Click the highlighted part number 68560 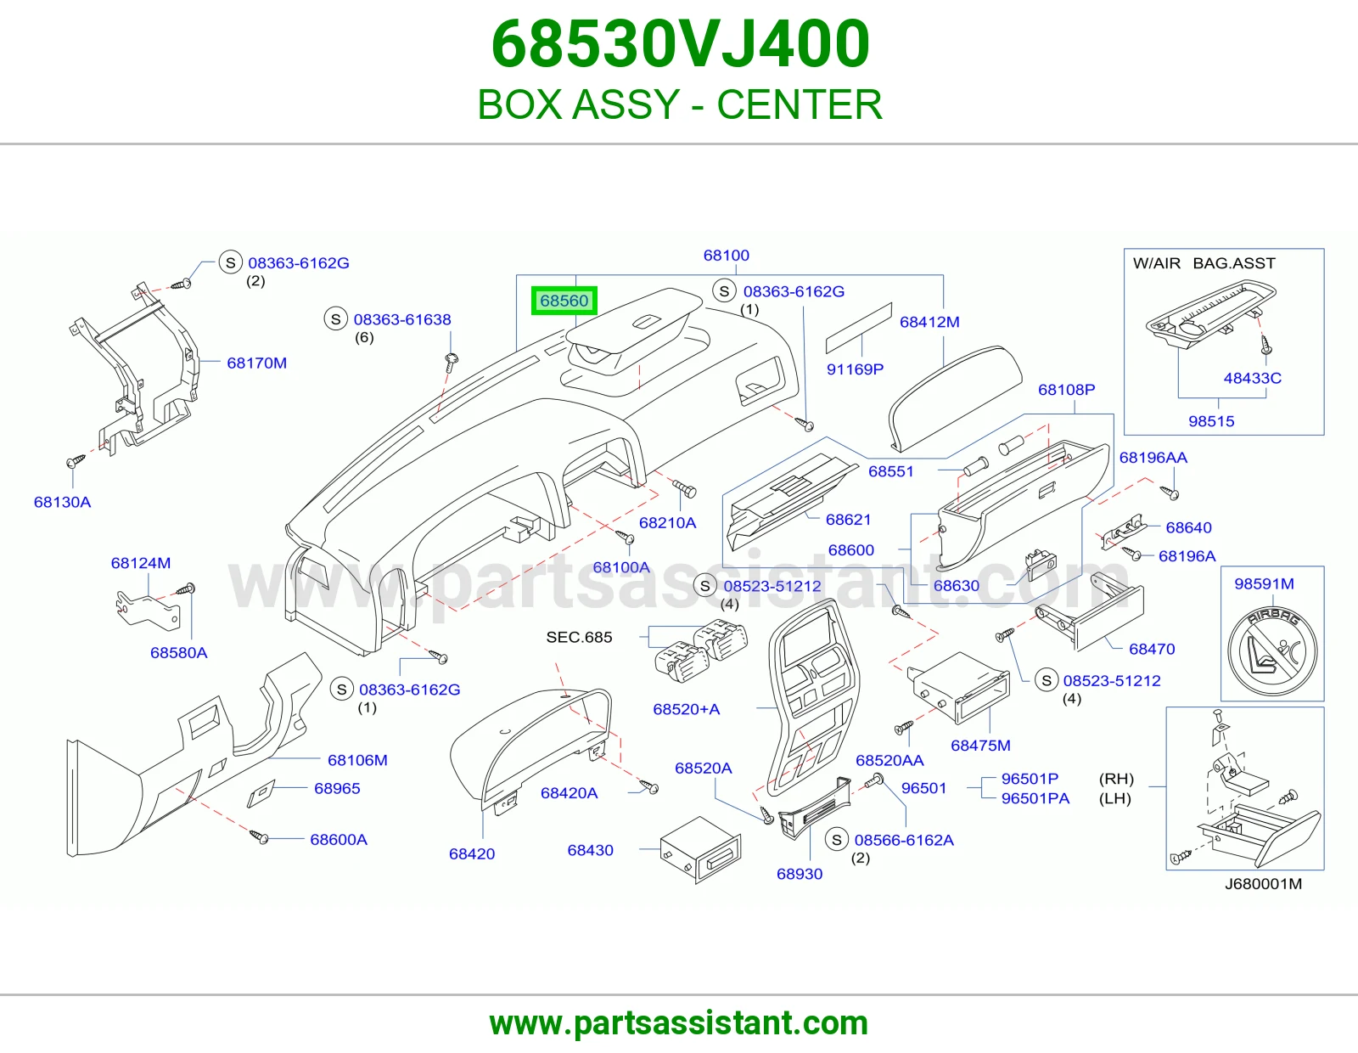click(564, 301)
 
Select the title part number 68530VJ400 click(680, 44)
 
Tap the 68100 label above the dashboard click(727, 255)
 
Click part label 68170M click(257, 363)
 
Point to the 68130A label click(63, 502)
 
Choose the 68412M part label click(929, 322)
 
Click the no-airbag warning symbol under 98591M click(1272, 651)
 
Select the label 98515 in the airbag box click(1211, 421)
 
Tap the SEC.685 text click(580, 637)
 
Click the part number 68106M click(357, 760)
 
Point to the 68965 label click(337, 788)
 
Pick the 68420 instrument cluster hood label click(472, 853)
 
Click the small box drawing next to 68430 click(700, 850)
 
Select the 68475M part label click(980, 746)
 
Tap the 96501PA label click(1035, 798)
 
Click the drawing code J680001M click(1263, 883)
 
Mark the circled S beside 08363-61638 click(335, 319)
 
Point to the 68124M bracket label click(141, 563)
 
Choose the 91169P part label click(855, 369)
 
